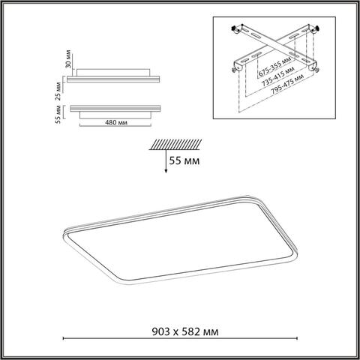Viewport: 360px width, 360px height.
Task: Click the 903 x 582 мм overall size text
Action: tap(180, 331)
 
